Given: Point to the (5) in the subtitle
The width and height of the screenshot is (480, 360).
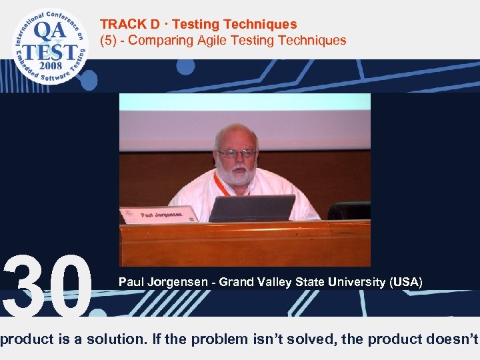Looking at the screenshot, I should (109, 40).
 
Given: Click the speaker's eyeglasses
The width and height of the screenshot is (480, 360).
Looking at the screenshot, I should (237, 153).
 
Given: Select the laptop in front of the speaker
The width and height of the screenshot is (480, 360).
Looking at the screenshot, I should (251, 209).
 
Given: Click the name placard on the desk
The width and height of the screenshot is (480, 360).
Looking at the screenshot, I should (158, 215).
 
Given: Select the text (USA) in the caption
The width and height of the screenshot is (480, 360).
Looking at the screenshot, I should (407, 282).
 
